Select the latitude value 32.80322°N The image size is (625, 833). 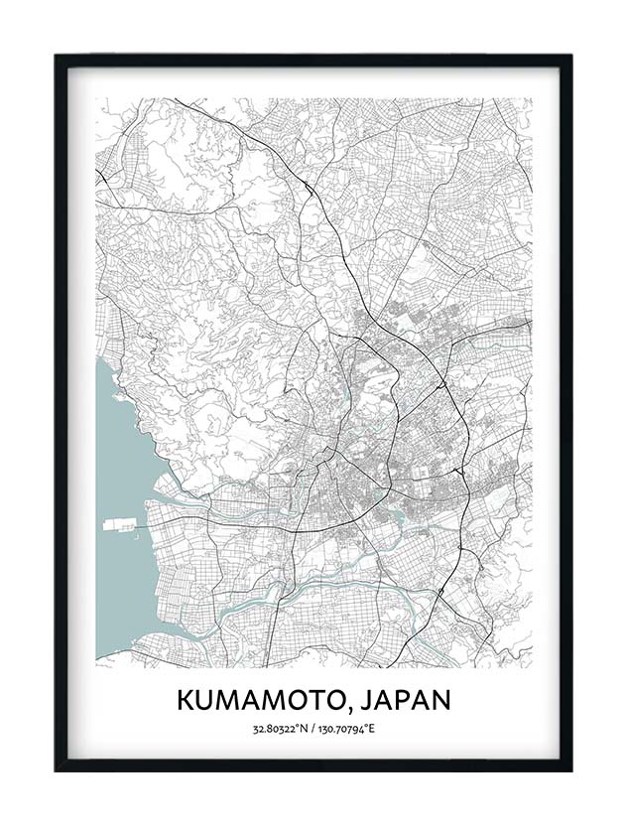(x=281, y=730)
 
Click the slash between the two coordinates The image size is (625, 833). (x=313, y=730)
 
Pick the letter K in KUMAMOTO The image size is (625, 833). (x=186, y=699)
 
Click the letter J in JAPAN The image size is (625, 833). (x=360, y=699)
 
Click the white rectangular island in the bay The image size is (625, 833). (x=117, y=523)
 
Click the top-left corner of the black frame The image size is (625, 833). (x=57, y=56)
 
